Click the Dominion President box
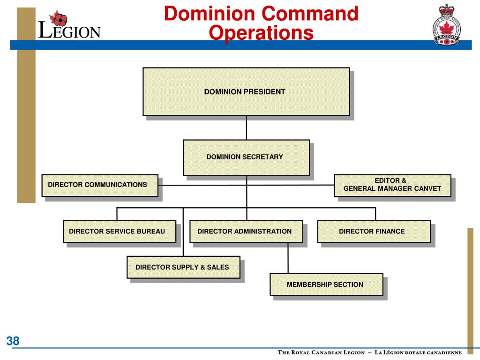coord(246,92)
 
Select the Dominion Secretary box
coord(246,157)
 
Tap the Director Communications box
coord(99,185)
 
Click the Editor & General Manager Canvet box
coord(392,185)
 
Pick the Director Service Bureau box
coord(119,231)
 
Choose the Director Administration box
coord(246,231)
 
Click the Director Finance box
coord(374,231)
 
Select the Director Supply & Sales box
coord(183,267)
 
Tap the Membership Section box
coord(326,285)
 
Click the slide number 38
coord(13,341)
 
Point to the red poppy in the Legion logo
coord(59,19)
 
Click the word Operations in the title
coord(261,33)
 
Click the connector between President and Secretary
coord(246,127)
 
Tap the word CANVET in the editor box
coord(427,188)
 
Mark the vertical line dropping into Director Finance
coord(375,214)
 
